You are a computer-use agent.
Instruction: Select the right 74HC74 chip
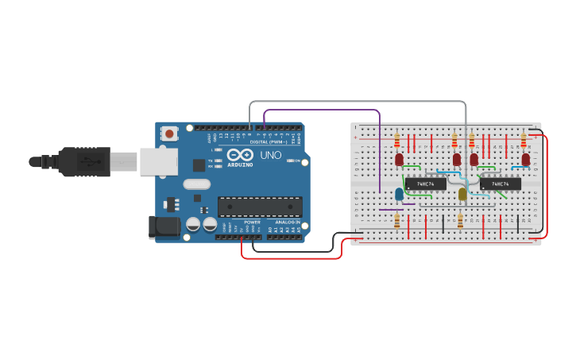pyautogui.click(x=501, y=184)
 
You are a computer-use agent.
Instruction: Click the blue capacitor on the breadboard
pyautogui.click(x=399, y=193)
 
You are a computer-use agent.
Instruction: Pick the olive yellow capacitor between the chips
pyautogui.click(x=462, y=194)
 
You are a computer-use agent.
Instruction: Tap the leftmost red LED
pyautogui.click(x=399, y=160)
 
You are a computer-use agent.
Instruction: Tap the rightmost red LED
pyautogui.click(x=525, y=160)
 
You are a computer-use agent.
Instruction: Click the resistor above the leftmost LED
pyautogui.click(x=396, y=141)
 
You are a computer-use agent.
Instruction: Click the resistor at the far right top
pyautogui.click(x=524, y=141)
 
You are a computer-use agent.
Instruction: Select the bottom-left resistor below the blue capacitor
pyautogui.click(x=396, y=220)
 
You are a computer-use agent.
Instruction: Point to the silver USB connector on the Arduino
pyautogui.click(x=158, y=161)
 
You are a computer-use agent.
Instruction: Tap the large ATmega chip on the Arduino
pyautogui.click(x=260, y=206)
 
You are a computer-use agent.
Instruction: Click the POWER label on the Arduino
pyautogui.click(x=252, y=222)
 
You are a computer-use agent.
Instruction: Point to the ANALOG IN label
pyautogui.click(x=287, y=222)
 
